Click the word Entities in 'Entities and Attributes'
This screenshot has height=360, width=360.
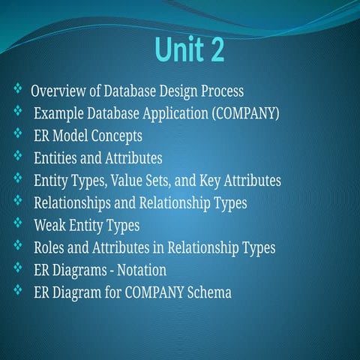click(x=56, y=158)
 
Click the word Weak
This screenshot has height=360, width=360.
click(x=49, y=225)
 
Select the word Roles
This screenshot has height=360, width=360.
click(x=50, y=247)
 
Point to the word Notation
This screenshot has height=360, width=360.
click(x=140, y=269)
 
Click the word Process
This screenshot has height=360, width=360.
click(x=220, y=92)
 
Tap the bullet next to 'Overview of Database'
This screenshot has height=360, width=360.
click(x=18, y=90)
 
